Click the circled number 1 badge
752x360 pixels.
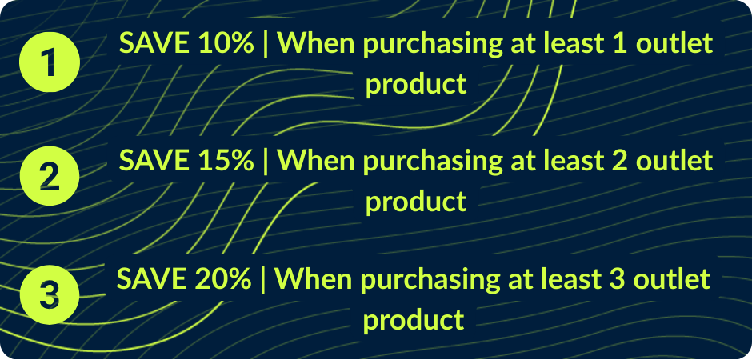[49, 62]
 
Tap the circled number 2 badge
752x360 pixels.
[49, 175]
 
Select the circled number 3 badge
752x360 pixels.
[49, 294]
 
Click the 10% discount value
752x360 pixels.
[226, 44]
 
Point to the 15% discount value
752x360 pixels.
[226, 161]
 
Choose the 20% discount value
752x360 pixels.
[223, 279]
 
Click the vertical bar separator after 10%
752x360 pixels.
[266, 45]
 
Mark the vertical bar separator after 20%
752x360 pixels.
[263, 279]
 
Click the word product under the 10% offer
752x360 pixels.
[416, 84]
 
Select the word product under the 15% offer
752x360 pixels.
[416, 201]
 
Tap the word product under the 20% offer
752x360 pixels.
[414, 319]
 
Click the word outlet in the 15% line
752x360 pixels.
[677, 161]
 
